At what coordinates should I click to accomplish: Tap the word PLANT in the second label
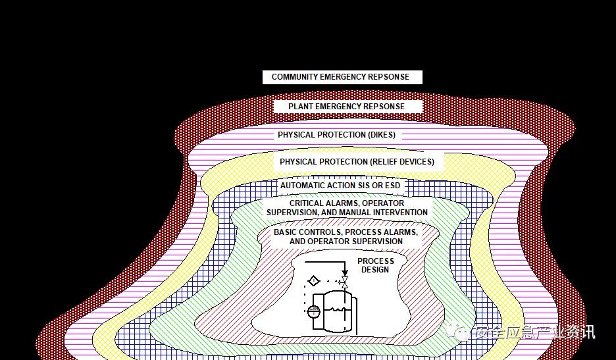pos(301,107)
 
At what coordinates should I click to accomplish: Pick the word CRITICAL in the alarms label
pos(309,203)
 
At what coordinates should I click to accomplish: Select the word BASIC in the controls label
pos(287,232)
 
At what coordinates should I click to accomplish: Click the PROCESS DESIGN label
pos(375,265)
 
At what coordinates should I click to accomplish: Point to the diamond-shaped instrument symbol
pos(314,281)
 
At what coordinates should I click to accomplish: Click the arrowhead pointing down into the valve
pos(344,272)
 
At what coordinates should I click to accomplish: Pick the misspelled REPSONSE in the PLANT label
pos(383,107)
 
